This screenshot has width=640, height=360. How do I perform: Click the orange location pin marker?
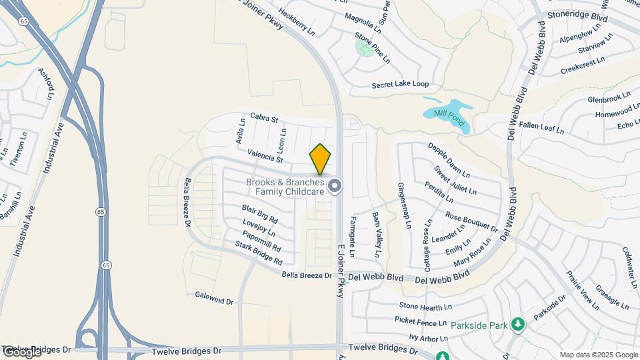320,159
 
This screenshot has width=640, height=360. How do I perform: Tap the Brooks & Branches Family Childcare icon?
335,186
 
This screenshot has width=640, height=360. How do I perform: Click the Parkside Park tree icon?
517,325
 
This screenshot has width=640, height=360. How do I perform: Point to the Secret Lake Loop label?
400,85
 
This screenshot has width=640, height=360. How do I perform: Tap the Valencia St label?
265,157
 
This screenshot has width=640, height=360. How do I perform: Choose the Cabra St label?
263,118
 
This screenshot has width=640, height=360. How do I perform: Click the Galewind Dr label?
214,297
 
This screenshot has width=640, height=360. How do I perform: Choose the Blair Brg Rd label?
259,214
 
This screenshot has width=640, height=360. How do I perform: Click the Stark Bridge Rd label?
259,253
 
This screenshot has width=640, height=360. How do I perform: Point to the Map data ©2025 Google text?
598,355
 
